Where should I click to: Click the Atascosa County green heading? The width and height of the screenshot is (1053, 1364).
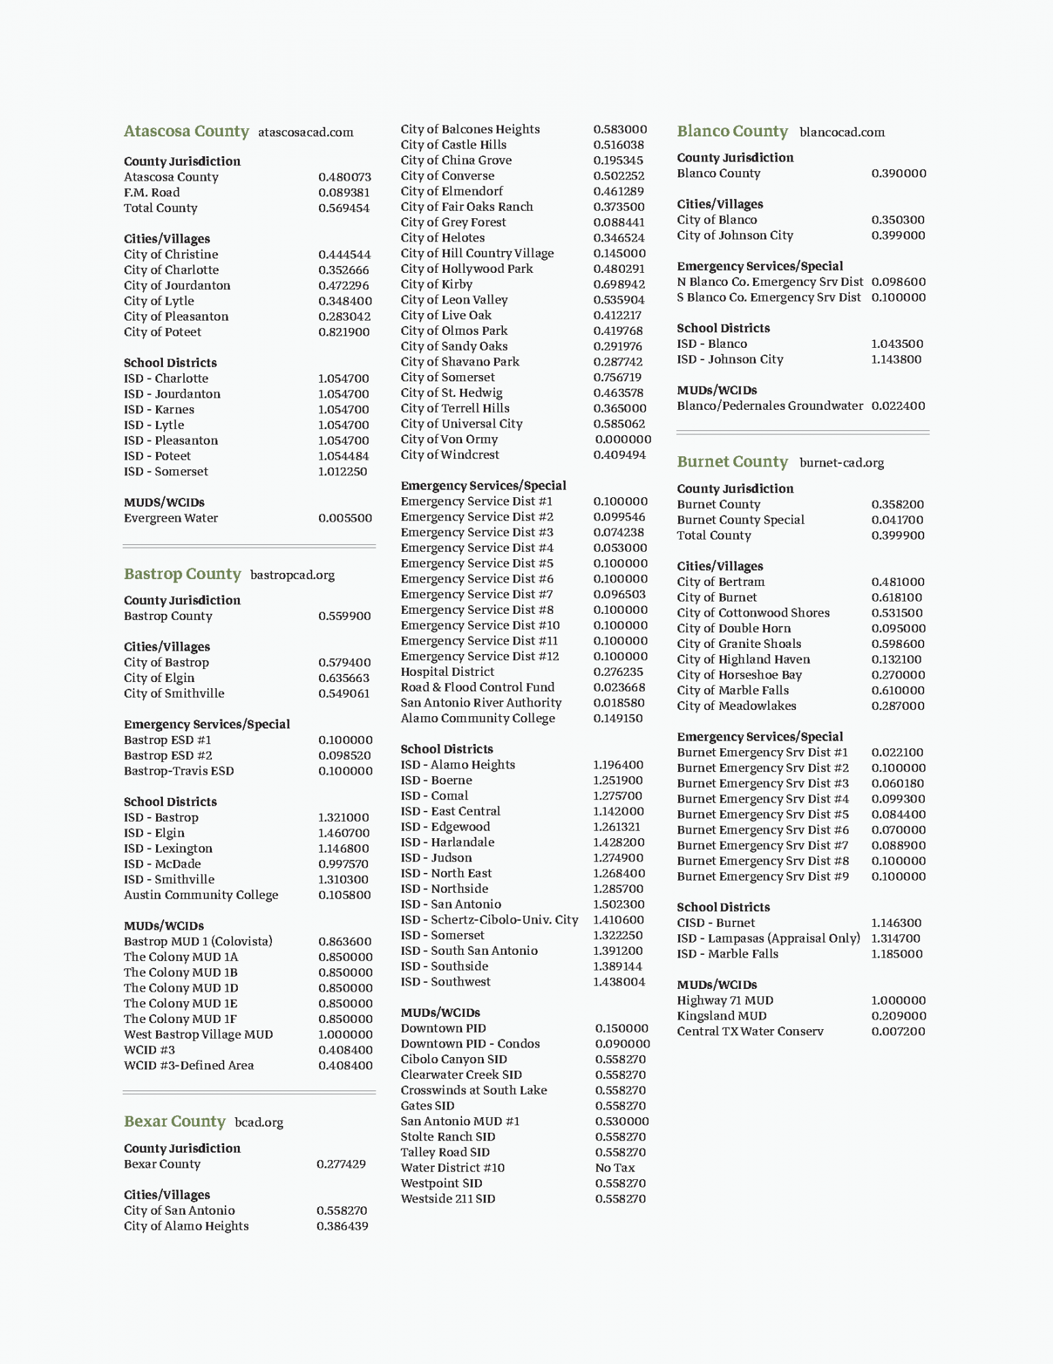coord(186,131)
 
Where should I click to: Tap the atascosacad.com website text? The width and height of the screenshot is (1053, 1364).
coord(305,132)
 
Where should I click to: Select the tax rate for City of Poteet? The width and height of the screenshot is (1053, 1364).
coord(344,332)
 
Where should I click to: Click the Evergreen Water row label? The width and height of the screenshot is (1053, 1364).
coord(170,518)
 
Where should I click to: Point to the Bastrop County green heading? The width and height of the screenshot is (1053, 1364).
coord(182,574)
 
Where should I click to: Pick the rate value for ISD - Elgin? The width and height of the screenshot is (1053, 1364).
coord(344,833)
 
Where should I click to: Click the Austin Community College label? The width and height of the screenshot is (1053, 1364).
coord(201,895)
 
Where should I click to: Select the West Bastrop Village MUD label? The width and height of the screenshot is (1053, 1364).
coord(198,1035)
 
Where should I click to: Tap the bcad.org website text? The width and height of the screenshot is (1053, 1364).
coord(258,1122)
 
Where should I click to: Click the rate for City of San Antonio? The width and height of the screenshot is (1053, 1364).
coord(341,1211)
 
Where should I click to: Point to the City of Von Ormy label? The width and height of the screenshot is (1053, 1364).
coord(449,439)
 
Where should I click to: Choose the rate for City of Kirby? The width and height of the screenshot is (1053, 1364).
coord(619,284)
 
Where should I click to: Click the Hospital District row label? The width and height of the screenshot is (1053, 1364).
coord(447,672)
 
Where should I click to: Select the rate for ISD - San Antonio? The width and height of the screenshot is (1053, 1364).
coord(618,904)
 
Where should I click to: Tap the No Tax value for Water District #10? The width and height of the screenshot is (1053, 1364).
coord(615,1168)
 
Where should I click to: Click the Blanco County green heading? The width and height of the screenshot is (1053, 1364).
coord(732,131)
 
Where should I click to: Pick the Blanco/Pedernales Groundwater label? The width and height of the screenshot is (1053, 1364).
coord(769,406)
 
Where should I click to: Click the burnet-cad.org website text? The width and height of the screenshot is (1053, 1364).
coord(841,462)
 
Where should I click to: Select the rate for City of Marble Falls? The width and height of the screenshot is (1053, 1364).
coord(898,690)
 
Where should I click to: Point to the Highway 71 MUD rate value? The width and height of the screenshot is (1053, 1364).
coord(898,1000)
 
